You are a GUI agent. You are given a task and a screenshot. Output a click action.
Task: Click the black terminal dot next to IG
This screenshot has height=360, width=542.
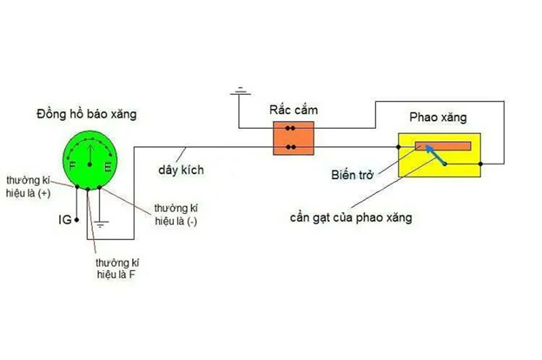(77, 220)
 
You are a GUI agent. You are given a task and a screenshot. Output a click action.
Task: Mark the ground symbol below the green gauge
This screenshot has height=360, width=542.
(100, 220)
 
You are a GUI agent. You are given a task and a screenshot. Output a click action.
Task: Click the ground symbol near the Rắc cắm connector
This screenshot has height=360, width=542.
(238, 91)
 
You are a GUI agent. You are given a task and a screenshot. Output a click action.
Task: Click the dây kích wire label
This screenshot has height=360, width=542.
(180, 170)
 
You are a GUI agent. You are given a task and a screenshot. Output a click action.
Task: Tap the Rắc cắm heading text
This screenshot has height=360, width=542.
(293, 110)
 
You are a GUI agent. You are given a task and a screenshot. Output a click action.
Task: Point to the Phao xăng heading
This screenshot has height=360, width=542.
(438, 118)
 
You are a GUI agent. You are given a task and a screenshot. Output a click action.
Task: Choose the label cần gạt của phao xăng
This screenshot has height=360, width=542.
(350, 218)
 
